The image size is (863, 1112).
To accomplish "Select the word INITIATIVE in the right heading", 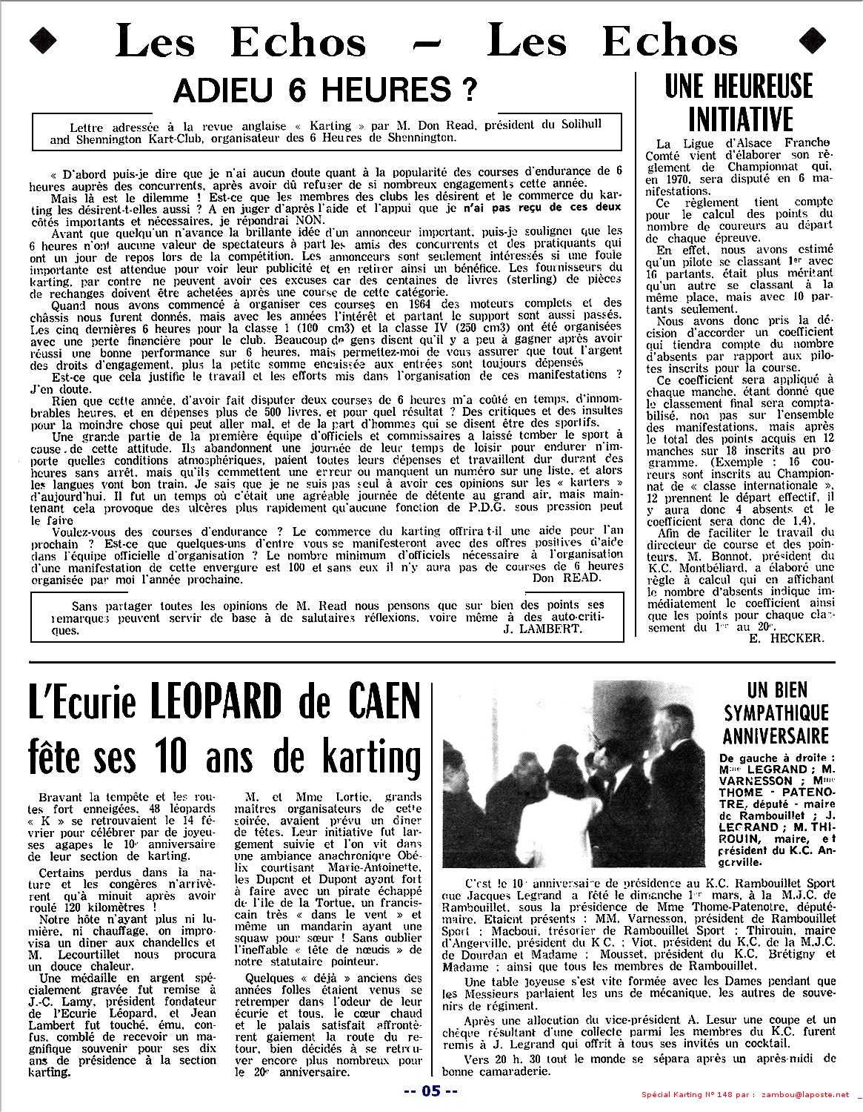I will pos(740,119).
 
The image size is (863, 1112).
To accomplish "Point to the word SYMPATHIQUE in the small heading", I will pos(776,713).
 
